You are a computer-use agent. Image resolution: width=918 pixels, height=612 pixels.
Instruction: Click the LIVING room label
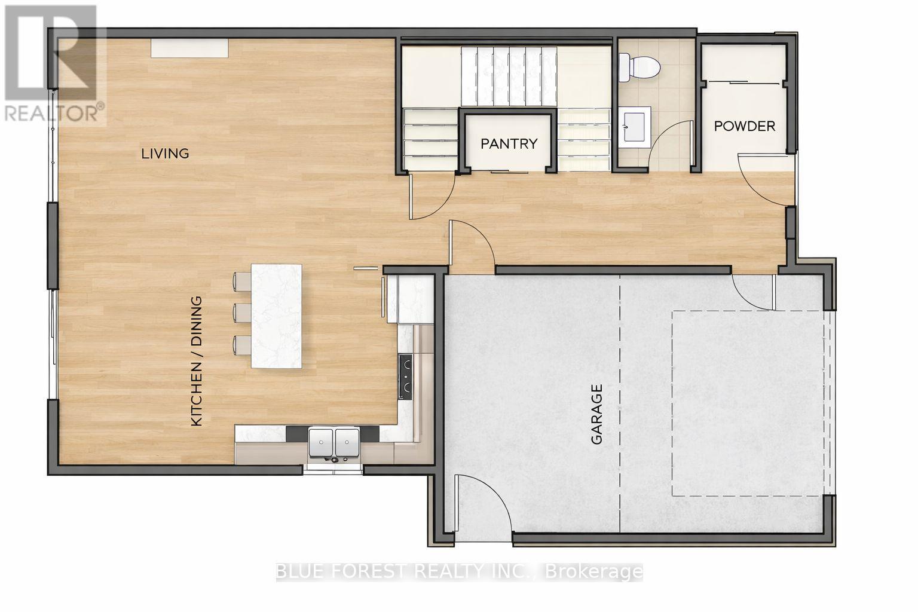click(x=165, y=153)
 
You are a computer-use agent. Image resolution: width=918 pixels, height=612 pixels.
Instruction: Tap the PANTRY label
click(x=509, y=143)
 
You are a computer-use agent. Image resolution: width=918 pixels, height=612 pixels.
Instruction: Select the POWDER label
click(x=745, y=126)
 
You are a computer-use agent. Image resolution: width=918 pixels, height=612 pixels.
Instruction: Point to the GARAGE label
click(x=596, y=414)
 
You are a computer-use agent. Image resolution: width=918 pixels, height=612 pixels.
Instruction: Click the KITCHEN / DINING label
click(x=197, y=361)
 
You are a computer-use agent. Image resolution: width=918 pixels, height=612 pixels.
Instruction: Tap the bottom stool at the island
click(x=242, y=344)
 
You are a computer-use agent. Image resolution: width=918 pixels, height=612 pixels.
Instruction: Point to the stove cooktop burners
click(x=406, y=377)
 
